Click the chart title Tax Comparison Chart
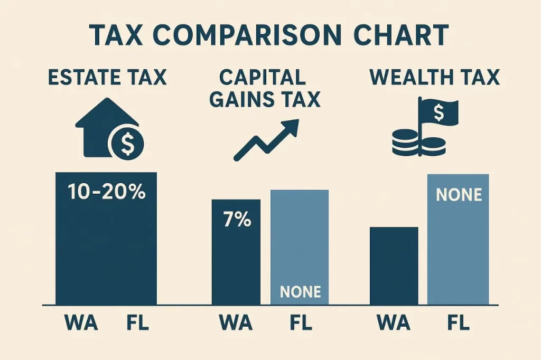point(270,35)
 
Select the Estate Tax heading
point(107,77)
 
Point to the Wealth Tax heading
point(434,77)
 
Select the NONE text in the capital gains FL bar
point(300,291)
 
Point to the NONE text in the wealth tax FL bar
point(459,195)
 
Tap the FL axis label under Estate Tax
point(137,323)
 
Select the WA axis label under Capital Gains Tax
point(236,323)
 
